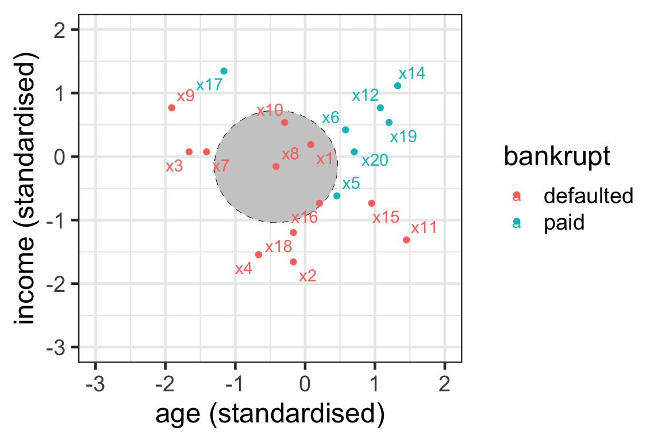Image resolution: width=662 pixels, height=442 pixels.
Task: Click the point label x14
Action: pyautogui.click(x=411, y=74)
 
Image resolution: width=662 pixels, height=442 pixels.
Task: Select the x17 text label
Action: pyautogui.click(x=209, y=86)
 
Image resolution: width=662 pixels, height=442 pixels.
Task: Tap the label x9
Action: pyautogui.click(x=186, y=96)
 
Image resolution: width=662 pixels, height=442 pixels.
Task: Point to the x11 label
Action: pyautogui.click(x=424, y=227)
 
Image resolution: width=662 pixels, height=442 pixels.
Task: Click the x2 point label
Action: pyautogui.click(x=308, y=276)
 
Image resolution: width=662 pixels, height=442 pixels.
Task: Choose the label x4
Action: pyautogui.click(x=244, y=269)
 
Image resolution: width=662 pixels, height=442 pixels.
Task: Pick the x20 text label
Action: pyautogui.click(x=375, y=161)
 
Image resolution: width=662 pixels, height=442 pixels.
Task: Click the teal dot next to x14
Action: pyautogui.click(x=398, y=86)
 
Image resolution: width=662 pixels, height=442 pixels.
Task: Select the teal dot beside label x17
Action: pyautogui.click(x=224, y=71)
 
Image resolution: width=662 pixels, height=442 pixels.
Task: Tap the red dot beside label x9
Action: pyautogui.click(x=172, y=108)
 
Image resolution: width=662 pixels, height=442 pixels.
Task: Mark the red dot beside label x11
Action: pyautogui.click(x=406, y=239)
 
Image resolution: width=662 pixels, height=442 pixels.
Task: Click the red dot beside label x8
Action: pyautogui.click(x=276, y=166)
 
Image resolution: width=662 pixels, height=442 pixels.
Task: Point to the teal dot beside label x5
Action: pyautogui.click(x=337, y=196)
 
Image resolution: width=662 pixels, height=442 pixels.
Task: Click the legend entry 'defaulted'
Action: pyautogui.click(x=588, y=196)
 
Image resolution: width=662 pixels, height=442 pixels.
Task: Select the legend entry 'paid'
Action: pyautogui.click(x=564, y=223)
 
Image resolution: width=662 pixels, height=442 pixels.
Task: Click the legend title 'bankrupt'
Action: pyautogui.click(x=556, y=157)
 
